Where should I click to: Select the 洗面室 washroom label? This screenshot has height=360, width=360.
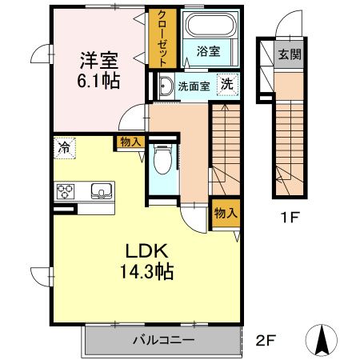pyautogui.click(x=194, y=86)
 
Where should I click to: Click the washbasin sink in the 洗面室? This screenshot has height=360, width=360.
pyautogui.click(x=166, y=86)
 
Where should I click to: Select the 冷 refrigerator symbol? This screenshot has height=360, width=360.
pyautogui.click(x=62, y=146)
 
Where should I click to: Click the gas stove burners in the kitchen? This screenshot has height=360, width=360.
pyautogui.click(x=65, y=191)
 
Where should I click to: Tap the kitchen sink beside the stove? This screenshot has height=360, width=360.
pyautogui.click(x=101, y=190)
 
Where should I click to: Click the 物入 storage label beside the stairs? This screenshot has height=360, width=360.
pyautogui.click(x=225, y=214)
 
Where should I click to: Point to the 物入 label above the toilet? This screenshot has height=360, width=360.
pyautogui.click(x=130, y=142)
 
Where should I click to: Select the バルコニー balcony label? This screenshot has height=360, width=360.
pyautogui.click(x=162, y=341)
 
